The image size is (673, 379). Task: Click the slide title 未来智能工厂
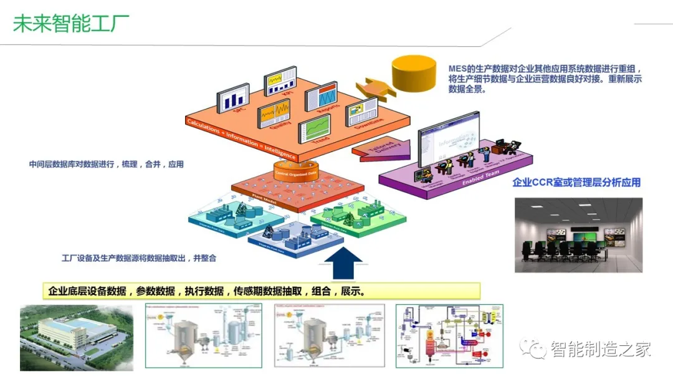(x=71, y=23)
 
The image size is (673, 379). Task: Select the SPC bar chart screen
(x=232, y=100)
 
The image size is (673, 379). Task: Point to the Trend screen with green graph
(x=314, y=128)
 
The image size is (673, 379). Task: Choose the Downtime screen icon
(x=361, y=112)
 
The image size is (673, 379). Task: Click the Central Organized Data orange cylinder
(x=297, y=170)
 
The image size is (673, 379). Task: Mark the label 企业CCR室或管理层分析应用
(x=576, y=183)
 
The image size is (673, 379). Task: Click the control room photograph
(x=578, y=235)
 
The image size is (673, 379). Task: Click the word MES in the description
(x=459, y=68)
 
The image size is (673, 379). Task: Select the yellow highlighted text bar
(x=262, y=291)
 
